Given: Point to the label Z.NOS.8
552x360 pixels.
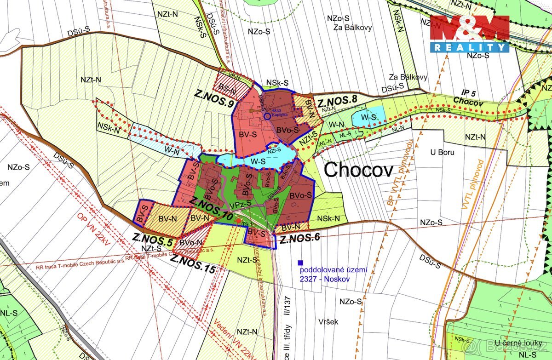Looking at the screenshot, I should [x=337, y=98].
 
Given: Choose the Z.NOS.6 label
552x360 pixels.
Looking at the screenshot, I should [x=299, y=239].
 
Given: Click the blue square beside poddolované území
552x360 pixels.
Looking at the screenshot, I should [x=300, y=263].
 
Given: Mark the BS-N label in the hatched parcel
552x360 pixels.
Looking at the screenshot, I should [x=227, y=91].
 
